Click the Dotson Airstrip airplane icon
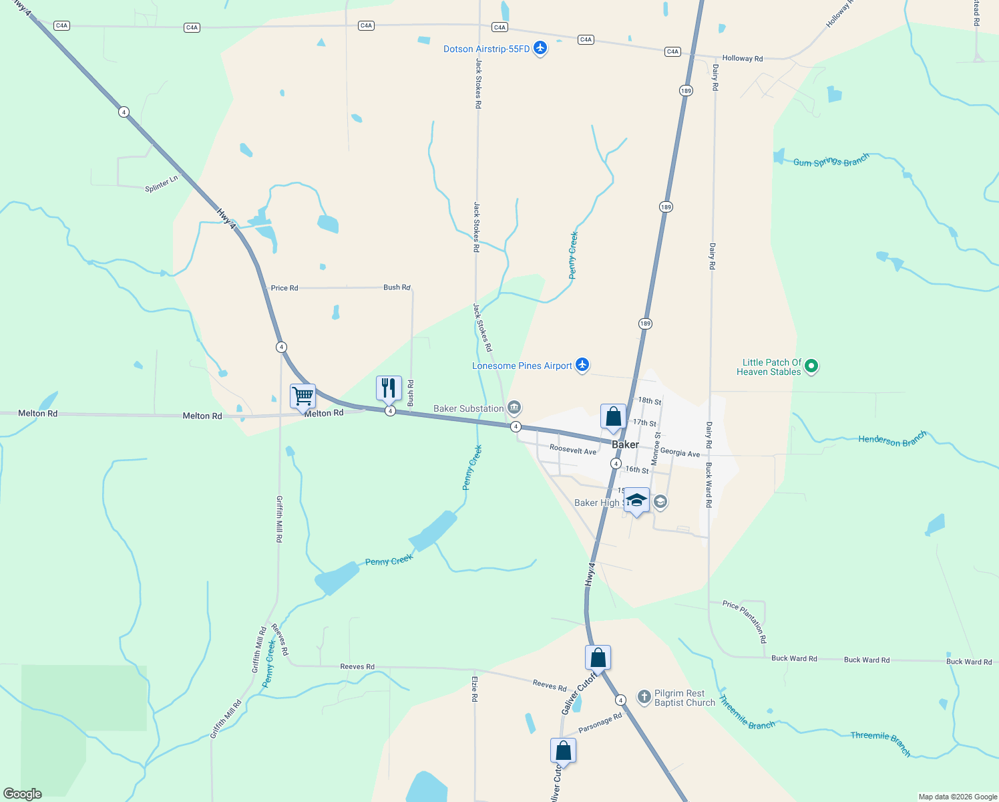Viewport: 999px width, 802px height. tap(540, 48)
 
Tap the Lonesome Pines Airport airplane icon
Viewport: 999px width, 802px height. tap(582, 365)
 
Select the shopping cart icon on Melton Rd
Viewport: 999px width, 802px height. tap(303, 396)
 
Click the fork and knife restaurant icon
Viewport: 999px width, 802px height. tap(389, 388)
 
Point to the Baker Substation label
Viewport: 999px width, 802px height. tap(469, 408)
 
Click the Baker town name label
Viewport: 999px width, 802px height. tap(625, 444)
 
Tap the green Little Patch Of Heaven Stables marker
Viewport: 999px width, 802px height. tap(811, 366)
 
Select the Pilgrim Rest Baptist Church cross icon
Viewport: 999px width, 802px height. tap(644, 698)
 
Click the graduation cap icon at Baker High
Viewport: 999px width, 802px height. tap(636, 501)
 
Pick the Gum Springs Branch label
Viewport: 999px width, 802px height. tap(831, 161)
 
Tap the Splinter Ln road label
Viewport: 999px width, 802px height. tap(162, 184)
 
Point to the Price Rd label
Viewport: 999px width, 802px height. tap(284, 288)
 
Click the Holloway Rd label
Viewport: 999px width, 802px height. tap(742, 58)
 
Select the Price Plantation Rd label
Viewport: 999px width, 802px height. tap(745, 621)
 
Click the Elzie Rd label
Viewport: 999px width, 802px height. tap(475, 689)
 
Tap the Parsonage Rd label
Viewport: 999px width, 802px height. tap(600, 723)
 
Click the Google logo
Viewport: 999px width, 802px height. tap(23, 794)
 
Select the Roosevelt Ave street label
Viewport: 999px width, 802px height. tap(573, 450)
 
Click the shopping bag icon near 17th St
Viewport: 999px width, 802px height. tap(613, 417)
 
